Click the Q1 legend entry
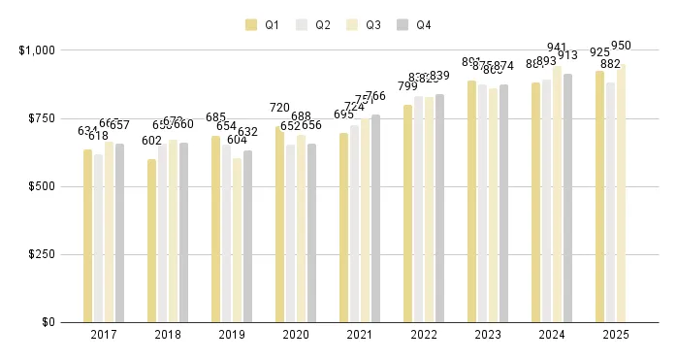coord(262,24)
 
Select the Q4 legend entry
coord(414,24)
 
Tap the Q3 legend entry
coord(364,24)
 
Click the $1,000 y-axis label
coord(36,49)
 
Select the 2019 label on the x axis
coord(232,335)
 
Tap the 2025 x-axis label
coord(616,335)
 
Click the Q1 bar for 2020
coord(279,224)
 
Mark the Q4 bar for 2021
coord(376,218)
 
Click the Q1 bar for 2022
coord(407,213)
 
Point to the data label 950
coord(621,46)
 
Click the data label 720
coord(279,109)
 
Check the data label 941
coord(557,48)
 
